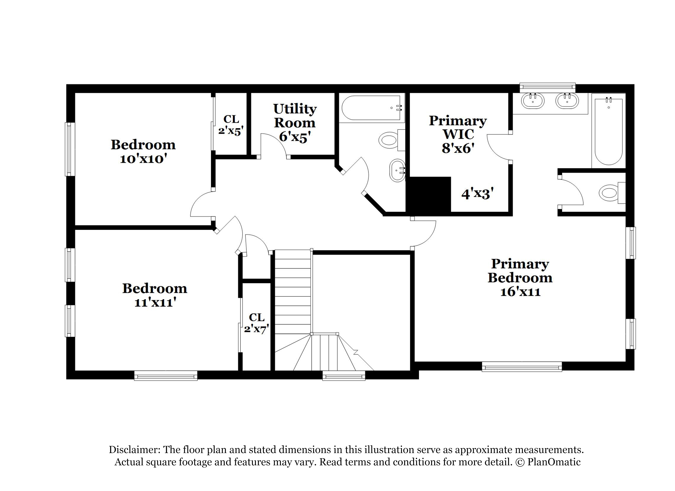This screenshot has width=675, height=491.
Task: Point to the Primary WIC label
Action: tap(458, 127)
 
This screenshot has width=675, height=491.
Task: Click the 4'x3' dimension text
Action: tap(477, 194)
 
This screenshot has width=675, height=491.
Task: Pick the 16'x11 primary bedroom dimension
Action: tap(520, 292)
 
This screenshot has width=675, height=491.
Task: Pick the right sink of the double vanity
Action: tap(567, 101)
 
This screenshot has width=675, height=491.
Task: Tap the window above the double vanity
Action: tap(548, 88)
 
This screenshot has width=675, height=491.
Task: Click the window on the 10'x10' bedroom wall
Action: tap(70, 149)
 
